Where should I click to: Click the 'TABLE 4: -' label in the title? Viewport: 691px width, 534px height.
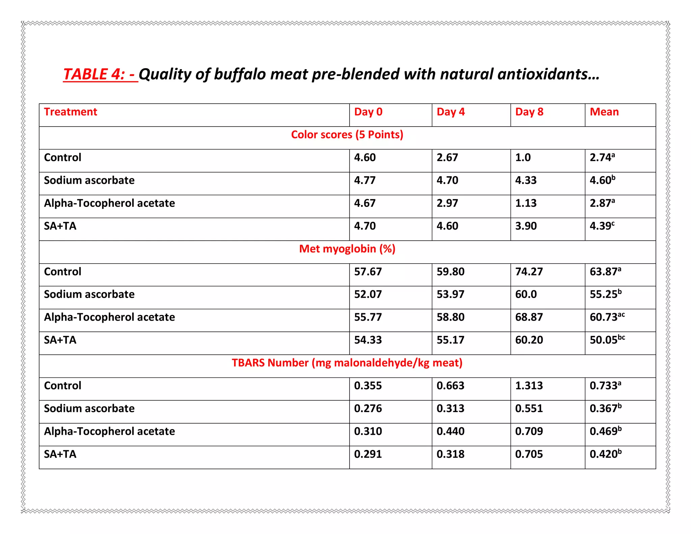[x=100, y=74]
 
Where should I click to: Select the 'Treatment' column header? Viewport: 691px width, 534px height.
[x=71, y=112]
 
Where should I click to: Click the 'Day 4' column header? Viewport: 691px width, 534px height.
[x=450, y=112]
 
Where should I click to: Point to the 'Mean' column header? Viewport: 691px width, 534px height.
[x=604, y=112]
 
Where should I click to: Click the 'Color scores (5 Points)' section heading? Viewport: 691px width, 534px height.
[x=347, y=135]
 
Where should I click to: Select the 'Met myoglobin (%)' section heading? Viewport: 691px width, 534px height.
[x=347, y=249]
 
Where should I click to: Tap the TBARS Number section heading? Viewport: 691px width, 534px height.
[x=347, y=363]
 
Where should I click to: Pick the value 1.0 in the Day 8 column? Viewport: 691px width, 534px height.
[x=523, y=158]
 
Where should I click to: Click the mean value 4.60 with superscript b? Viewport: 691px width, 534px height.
[x=602, y=180]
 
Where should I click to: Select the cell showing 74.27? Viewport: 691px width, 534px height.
[x=529, y=272]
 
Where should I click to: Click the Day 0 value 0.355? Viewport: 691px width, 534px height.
[x=368, y=386]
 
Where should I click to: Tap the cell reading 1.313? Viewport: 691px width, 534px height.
[x=529, y=386]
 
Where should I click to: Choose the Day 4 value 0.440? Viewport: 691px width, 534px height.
[x=450, y=431]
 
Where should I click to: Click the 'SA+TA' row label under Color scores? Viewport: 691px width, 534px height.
[x=60, y=226]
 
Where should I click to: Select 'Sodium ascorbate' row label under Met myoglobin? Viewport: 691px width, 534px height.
[x=89, y=294]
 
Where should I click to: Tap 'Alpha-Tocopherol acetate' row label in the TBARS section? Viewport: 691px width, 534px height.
[x=109, y=431]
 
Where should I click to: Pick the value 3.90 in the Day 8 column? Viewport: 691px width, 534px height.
[x=526, y=226]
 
